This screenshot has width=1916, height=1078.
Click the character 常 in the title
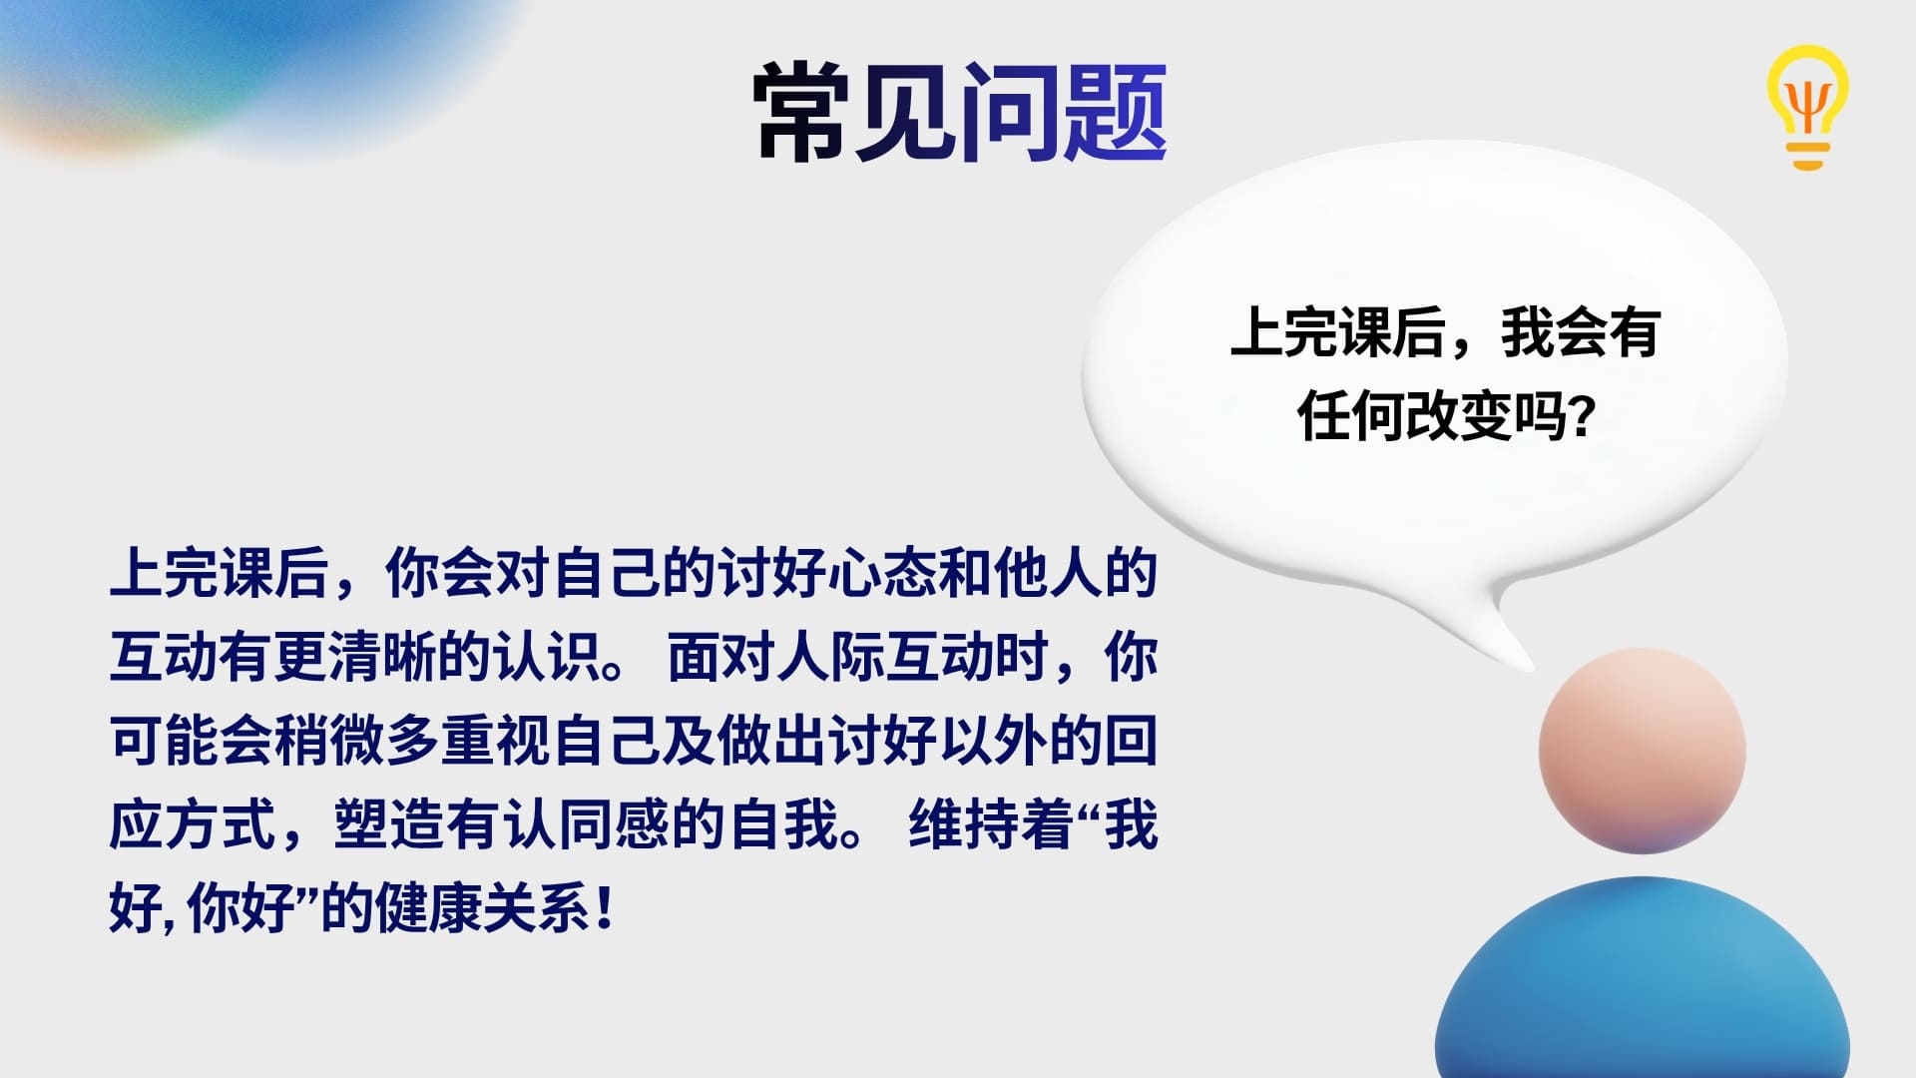(x=803, y=112)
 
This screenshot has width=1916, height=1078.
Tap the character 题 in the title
(x=1115, y=112)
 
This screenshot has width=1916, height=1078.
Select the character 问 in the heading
(x=1010, y=112)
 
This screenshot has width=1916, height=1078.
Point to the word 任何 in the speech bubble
(x=1350, y=415)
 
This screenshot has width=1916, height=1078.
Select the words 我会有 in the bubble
(x=1580, y=332)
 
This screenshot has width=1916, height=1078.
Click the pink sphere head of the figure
(x=1642, y=751)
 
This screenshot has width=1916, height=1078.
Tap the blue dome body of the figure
(x=1642, y=983)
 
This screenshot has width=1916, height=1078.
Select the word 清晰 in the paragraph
(x=382, y=657)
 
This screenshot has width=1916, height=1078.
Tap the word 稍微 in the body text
(x=329, y=742)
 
